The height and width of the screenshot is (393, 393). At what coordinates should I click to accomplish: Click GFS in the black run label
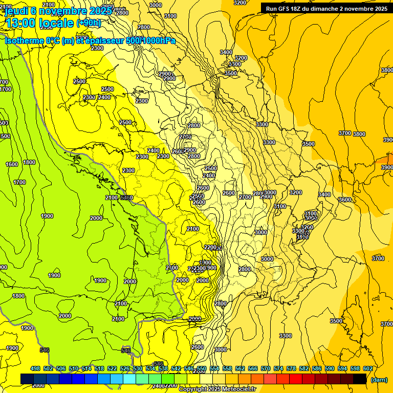coord(286,8)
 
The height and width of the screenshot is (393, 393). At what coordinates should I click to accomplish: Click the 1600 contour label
coord(12,164)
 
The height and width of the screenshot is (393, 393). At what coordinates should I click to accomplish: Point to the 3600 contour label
coord(345,200)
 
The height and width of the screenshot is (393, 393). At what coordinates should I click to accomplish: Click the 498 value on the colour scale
coord(35,368)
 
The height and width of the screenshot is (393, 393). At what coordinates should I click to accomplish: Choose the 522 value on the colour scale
coord(112,368)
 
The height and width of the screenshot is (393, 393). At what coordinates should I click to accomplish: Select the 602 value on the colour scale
coord(367,368)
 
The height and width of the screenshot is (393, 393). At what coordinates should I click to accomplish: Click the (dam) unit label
coord(379,379)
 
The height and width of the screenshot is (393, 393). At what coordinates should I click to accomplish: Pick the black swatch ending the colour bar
coord(360,379)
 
